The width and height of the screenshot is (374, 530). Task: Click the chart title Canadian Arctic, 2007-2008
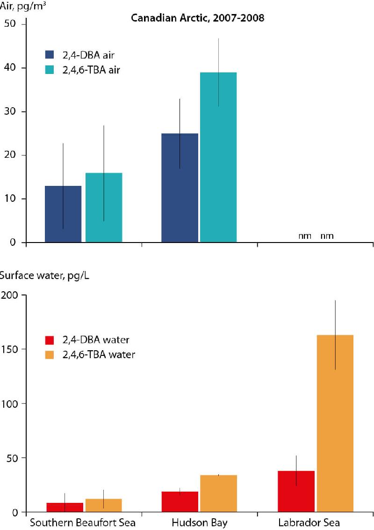point(198,18)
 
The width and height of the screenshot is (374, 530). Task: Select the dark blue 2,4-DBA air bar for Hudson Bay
point(180,188)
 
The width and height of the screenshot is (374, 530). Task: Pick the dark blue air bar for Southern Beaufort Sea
point(63,214)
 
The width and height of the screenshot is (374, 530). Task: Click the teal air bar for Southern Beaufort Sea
point(104,207)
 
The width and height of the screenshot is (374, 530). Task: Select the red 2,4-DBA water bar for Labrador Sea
point(296,491)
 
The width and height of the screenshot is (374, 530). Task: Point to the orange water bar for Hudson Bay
point(218,493)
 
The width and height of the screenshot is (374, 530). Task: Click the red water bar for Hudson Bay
point(180,501)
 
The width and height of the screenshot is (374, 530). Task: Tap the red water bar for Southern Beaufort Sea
point(65,507)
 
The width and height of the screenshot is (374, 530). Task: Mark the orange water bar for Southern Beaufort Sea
point(104,505)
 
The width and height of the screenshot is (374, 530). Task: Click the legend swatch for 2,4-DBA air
point(51,55)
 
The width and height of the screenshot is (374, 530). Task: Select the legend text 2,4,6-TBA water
point(99,354)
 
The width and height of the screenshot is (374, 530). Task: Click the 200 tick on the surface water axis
point(9,295)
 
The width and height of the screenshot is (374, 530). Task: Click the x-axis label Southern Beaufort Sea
point(82,523)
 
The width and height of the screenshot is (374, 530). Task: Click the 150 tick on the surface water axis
point(9,349)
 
